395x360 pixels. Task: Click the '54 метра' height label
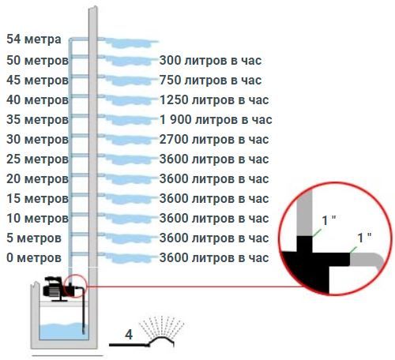[x=34, y=39]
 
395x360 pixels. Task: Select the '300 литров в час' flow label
[x=210, y=61]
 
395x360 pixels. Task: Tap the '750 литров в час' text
[x=210, y=81]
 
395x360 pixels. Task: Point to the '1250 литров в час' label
[x=214, y=100]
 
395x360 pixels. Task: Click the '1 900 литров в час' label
[x=216, y=120]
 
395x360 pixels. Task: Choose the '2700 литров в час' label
[x=214, y=140]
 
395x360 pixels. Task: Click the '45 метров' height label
[x=37, y=81]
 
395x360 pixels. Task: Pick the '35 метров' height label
[x=37, y=120]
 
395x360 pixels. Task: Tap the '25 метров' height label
[x=37, y=159]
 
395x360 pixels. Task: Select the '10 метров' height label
[x=37, y=219]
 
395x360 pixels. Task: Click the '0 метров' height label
[x=34, y=258]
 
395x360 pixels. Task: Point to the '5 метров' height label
[x=34, y=238]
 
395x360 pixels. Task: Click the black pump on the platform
[x=57, y=289]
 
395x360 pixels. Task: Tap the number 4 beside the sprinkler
[x=129, y=335]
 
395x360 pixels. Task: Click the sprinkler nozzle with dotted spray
[x=161, y=341]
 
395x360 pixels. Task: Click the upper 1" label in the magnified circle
[x=329, y=220]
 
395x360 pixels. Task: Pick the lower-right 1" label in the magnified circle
[x=364, y=238]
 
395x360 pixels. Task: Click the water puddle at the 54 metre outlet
[x=129, y=43]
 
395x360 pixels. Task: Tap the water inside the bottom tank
[x=62, y=332]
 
